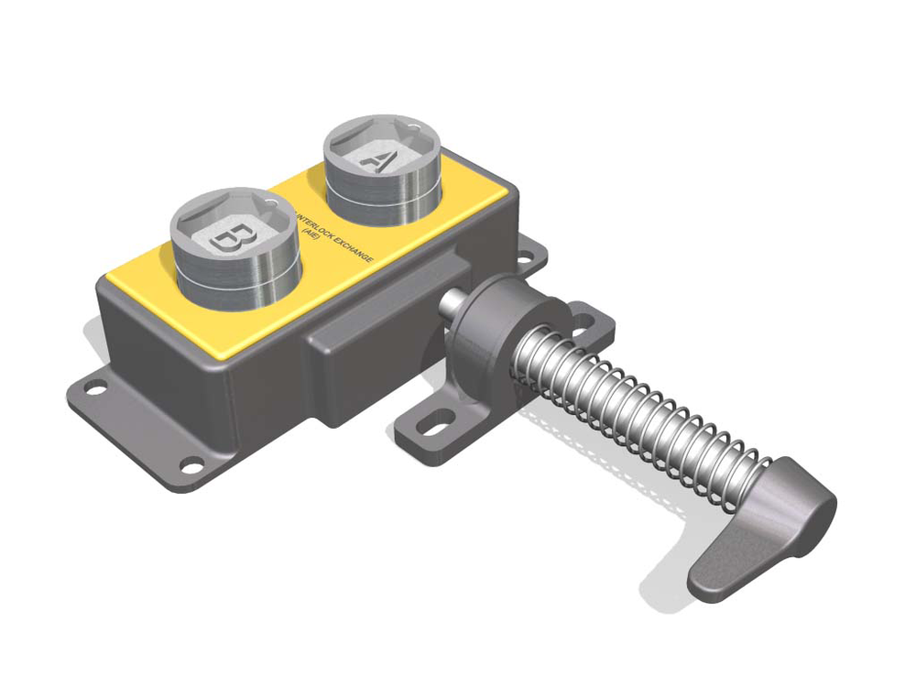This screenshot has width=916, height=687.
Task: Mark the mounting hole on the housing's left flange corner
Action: (93, 388)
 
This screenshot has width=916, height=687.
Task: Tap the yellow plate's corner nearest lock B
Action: (110, 275)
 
